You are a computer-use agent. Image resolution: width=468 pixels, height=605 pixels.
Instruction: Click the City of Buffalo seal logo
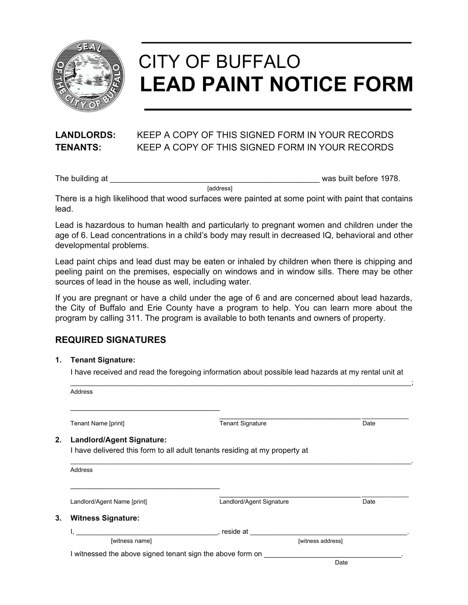coord(88,76)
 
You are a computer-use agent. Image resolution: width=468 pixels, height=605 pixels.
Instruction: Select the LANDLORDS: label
coord(85,135)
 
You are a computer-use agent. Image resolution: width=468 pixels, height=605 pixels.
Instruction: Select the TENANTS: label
coord(78,147)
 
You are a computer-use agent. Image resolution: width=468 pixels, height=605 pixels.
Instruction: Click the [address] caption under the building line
coord(220,188)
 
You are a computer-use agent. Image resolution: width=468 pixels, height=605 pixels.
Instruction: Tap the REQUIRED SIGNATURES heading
coord(110,340)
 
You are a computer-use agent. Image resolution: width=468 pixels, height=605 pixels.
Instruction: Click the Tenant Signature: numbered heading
coord(103,360)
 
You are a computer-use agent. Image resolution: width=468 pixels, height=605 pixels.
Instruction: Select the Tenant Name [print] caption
coord(97,423)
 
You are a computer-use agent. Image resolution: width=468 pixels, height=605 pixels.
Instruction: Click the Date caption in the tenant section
coord(369,423)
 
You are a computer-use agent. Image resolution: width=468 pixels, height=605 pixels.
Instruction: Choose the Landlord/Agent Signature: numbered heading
coord(118,440)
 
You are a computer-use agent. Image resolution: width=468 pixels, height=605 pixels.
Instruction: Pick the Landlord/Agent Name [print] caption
coord(108,502)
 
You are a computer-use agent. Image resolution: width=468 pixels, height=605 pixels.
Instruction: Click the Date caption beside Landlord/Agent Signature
coord(369,502)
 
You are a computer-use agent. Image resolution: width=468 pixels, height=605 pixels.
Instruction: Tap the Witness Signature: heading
coord(105,518)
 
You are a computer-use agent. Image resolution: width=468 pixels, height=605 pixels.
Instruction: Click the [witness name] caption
coord(131,541)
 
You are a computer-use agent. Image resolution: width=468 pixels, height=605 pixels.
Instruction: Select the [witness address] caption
coord(320,541)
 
